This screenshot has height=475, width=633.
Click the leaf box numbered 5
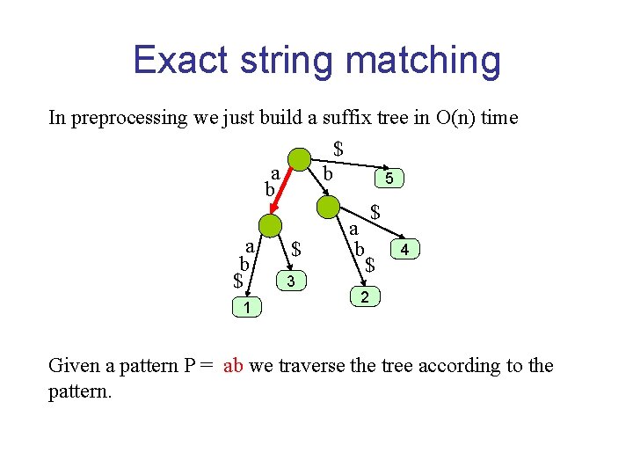389,179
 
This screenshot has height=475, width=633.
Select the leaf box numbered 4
404,251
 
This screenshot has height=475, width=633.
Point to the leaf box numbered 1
247,307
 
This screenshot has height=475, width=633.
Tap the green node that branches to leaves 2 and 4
328,208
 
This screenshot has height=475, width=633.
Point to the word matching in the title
423,60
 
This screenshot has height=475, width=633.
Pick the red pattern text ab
233,365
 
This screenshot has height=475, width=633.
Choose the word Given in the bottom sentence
74,365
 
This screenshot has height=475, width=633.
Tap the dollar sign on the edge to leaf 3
296,250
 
